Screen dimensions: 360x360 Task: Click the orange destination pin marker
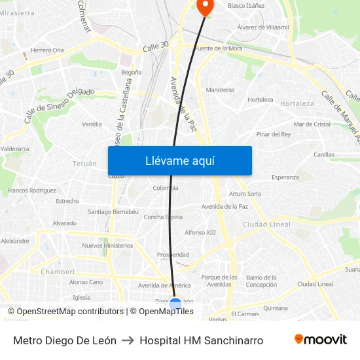click(205, 6)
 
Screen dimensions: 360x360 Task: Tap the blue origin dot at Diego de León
click(175, 303)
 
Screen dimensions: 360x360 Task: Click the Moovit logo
click(321, 340)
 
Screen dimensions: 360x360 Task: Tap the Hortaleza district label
click(297, 103)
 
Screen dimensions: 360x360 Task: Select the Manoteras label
click(220, 90)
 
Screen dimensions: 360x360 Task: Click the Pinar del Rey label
click(273, 134)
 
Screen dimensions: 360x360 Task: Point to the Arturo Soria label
click(245, 194)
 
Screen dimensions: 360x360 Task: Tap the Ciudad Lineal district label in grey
click(266, 225)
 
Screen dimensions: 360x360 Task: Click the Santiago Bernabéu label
click(113, 211)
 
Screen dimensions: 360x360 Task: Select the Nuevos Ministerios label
click(107, 245)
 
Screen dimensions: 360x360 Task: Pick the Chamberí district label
click(58, 271)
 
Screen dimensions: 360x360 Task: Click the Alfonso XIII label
click(200, 232)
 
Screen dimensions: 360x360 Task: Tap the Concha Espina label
click(163, 217)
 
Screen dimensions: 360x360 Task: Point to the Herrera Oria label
click(48, 50)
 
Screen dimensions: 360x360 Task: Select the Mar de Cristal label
click(312, 124)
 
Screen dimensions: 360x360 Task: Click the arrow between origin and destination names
click(128, 340)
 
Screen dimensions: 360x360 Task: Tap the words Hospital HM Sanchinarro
click(202, 340)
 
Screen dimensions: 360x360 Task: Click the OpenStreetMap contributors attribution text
click(69, 312)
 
